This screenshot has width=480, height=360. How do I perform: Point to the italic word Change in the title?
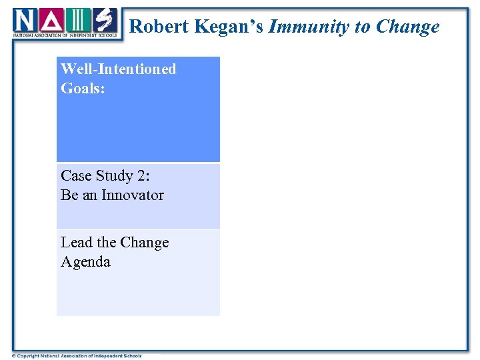407,27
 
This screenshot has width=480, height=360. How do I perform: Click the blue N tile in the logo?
25,20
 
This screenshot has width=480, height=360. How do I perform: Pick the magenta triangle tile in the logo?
51,20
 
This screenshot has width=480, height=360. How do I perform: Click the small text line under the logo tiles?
65,35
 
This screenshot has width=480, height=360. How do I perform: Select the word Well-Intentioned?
119,69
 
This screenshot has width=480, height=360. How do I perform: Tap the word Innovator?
133,195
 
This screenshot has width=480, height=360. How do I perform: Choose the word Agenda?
85,262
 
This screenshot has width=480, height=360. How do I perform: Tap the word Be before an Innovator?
69,195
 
